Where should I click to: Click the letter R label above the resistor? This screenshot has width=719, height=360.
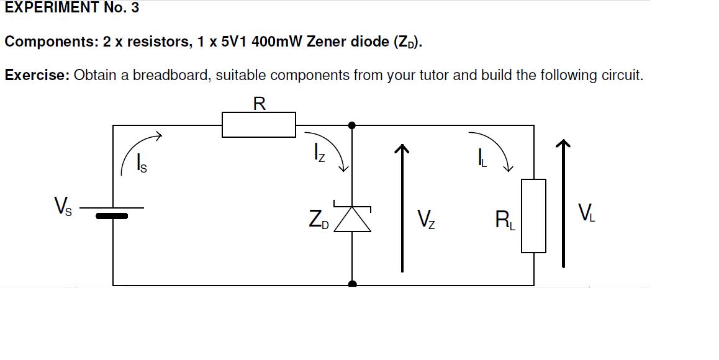[260, 104]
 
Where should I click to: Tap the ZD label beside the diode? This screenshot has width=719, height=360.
[319, 219]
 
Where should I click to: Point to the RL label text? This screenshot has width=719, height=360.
[505, 219]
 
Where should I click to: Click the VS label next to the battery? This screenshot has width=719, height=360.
[63, 205]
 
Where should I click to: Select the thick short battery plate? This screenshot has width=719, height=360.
[112, 216]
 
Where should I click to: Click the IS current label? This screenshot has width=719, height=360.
[142, 163]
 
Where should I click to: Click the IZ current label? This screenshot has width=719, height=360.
[320, 152]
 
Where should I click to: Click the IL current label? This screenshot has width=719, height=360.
[482, 158]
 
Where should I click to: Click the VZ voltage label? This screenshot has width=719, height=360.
[426, 219]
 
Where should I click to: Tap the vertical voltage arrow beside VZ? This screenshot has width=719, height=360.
[402, 208]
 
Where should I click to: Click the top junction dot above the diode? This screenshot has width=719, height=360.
[352, 125]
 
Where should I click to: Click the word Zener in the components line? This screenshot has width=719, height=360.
[325, 42]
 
